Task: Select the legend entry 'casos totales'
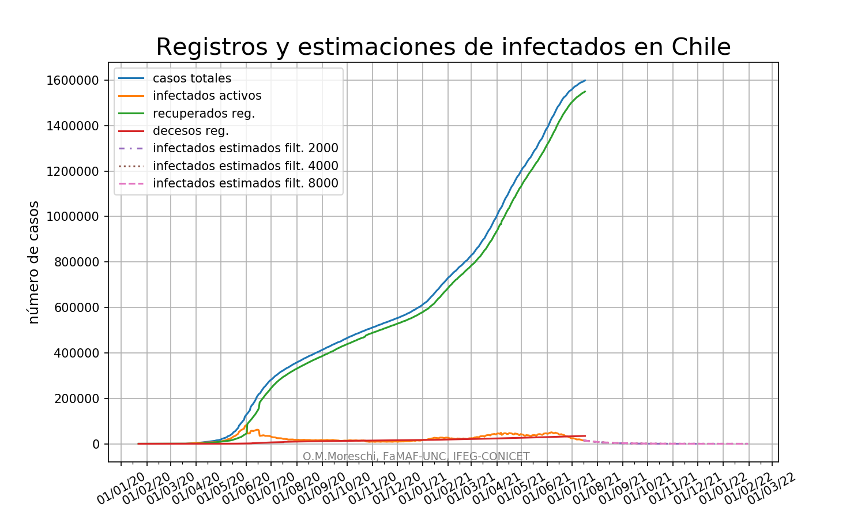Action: tap(191, 78)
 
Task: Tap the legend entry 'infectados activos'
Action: tap(206, 96)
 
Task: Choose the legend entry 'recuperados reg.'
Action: tap(204, 114)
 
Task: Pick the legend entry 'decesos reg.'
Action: tap(190, 131)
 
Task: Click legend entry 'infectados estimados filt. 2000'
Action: tap(245, 148)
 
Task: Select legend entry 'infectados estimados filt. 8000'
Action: tap(245, 184)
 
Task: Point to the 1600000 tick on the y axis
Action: tap(73, 80)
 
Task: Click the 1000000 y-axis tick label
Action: tap(73, 217)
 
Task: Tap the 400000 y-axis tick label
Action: tap(76, 353)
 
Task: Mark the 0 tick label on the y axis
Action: tap(96, 444)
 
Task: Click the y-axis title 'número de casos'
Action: tap(34, 262)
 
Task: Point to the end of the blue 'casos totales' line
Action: tap(585, 80)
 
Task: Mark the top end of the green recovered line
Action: tap(585, 91)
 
